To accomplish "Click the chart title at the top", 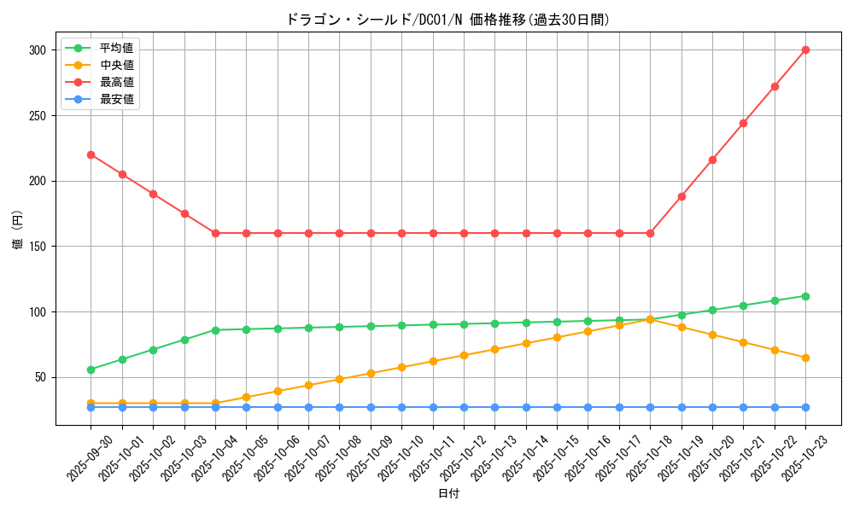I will pos(447,20).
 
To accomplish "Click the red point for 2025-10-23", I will pos(805,49).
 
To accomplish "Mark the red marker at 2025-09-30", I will pos(91,154).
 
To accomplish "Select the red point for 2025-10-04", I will pos(215,233).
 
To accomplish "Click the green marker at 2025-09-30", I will pos(91,369).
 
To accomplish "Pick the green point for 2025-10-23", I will pos(805,296).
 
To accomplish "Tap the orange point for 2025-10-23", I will pos(805,358).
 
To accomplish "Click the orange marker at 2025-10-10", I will pos(401,367).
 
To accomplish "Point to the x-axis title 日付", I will pos(448,494).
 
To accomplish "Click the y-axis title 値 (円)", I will pos(18,231).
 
